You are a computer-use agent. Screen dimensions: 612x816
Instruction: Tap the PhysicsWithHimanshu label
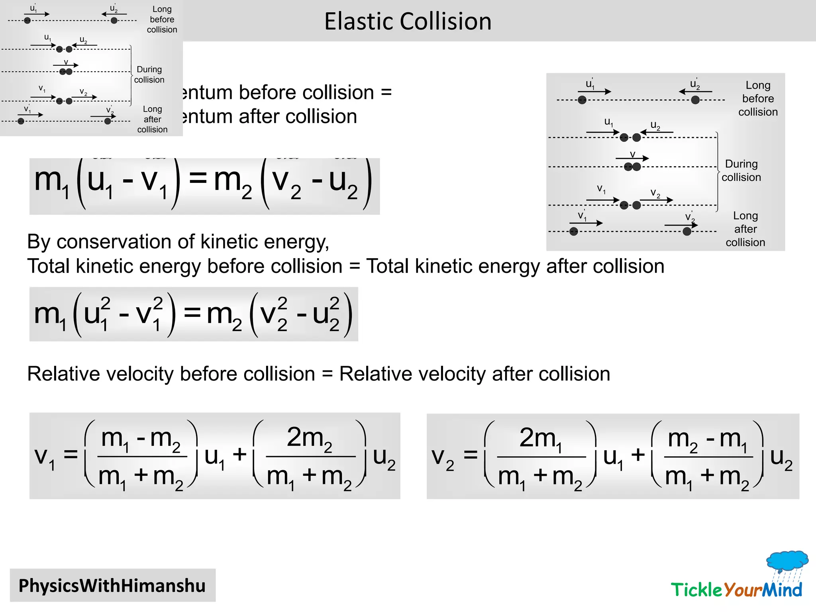[112, 586]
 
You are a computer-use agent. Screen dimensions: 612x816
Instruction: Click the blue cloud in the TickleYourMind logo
[787, 560]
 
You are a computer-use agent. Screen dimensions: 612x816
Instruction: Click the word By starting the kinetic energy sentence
[39, 242]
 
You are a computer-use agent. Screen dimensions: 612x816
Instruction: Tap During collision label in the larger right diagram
[741, 171]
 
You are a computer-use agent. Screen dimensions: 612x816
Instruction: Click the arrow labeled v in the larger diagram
[632, 159]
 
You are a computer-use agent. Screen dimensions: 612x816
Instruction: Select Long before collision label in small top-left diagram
[162, 20]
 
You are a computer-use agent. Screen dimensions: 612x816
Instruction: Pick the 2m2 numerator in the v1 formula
[310, 438]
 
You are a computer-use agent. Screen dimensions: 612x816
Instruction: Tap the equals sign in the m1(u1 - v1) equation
[198, 179]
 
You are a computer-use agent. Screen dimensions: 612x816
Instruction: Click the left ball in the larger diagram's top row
[582, 100]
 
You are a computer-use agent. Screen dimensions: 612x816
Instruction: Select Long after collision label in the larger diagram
[745, 229]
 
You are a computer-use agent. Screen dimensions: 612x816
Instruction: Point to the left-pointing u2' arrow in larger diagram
[695, 92]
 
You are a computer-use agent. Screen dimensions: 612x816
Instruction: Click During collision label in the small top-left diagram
[149, 75]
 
